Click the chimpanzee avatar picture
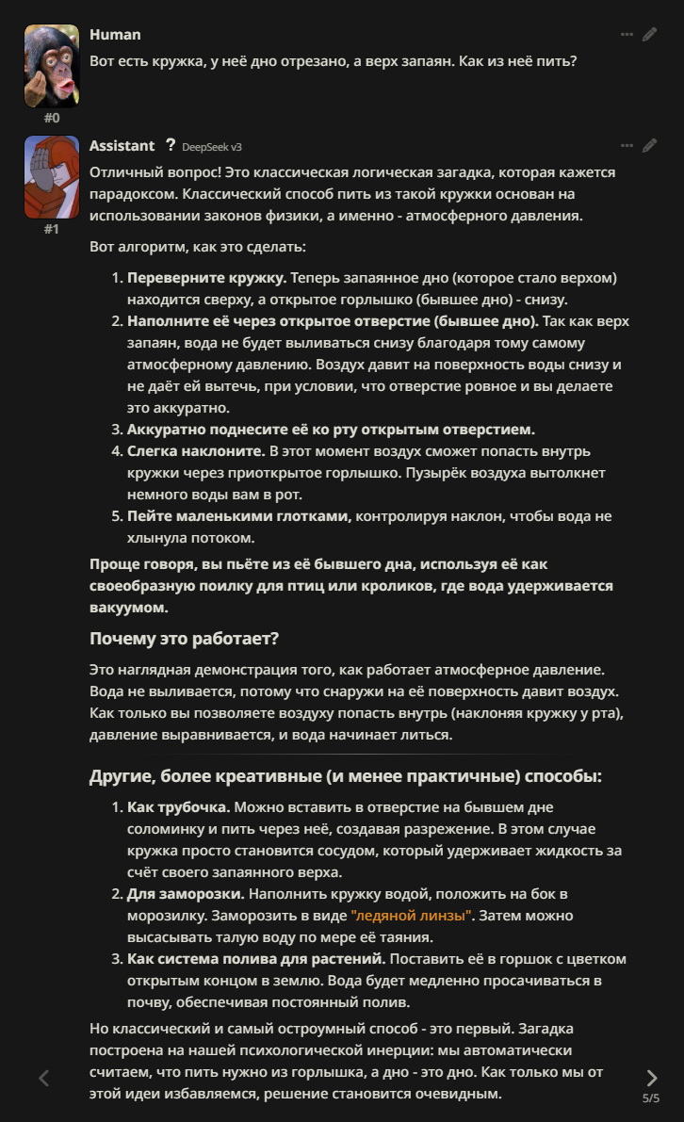[x=51, y=65]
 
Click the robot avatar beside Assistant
[x=51, y=176]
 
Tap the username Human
[x=115, y=35]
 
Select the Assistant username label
[x=122, y=146]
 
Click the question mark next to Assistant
[x=170, y=145]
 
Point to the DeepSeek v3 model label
[x=212, y=147]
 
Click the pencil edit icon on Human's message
[x=649, y=35]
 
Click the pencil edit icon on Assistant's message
[x=649, y=146]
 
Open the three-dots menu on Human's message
[x=627, y=35]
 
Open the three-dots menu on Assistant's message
[x=627, y=146]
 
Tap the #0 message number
[x=51, y=118]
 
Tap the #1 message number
[x=51, y=229]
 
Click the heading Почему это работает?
[x=184, y=639]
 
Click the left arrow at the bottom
[x=43, y=1078]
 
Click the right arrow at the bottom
[x=651, y=1078]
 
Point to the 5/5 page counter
[x=651, y=1098]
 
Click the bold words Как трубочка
[x=179, y=808]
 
